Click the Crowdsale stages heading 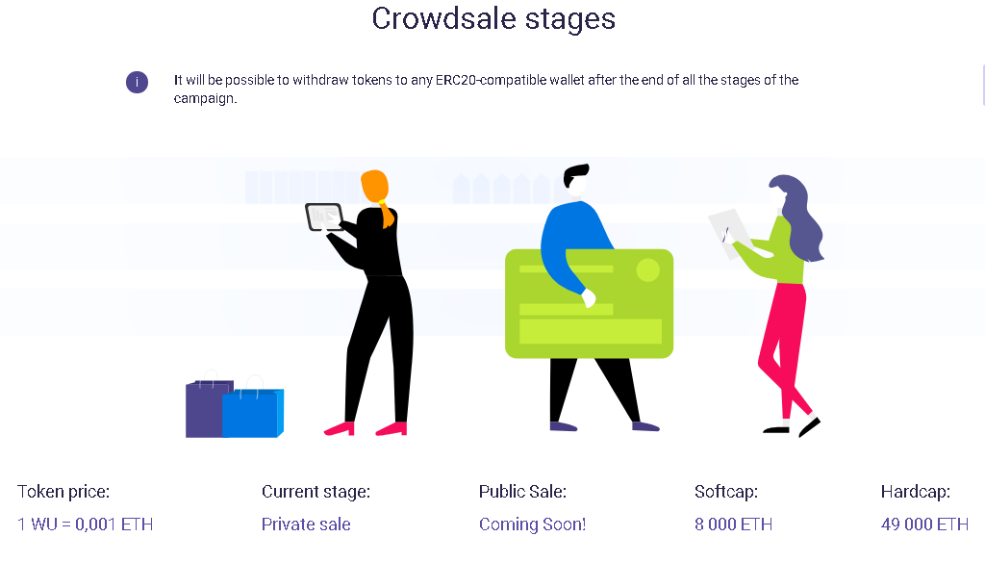coord(493,19)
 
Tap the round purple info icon coord(137,82)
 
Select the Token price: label coord(63,492)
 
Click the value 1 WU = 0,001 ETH coord(86,525)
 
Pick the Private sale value coord(306,525)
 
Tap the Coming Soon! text coord(532,525)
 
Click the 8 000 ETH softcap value coord(733,525)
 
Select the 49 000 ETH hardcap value coord(924,525)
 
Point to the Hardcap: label coord(916,492)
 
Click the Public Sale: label coord(522,492)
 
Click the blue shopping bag coord(253,413)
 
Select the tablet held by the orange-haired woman coord(323,217)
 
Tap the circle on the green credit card coord(647,270)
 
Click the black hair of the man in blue coord(575,173)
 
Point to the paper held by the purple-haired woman coord(729,233)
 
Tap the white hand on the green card coord(589,297)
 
